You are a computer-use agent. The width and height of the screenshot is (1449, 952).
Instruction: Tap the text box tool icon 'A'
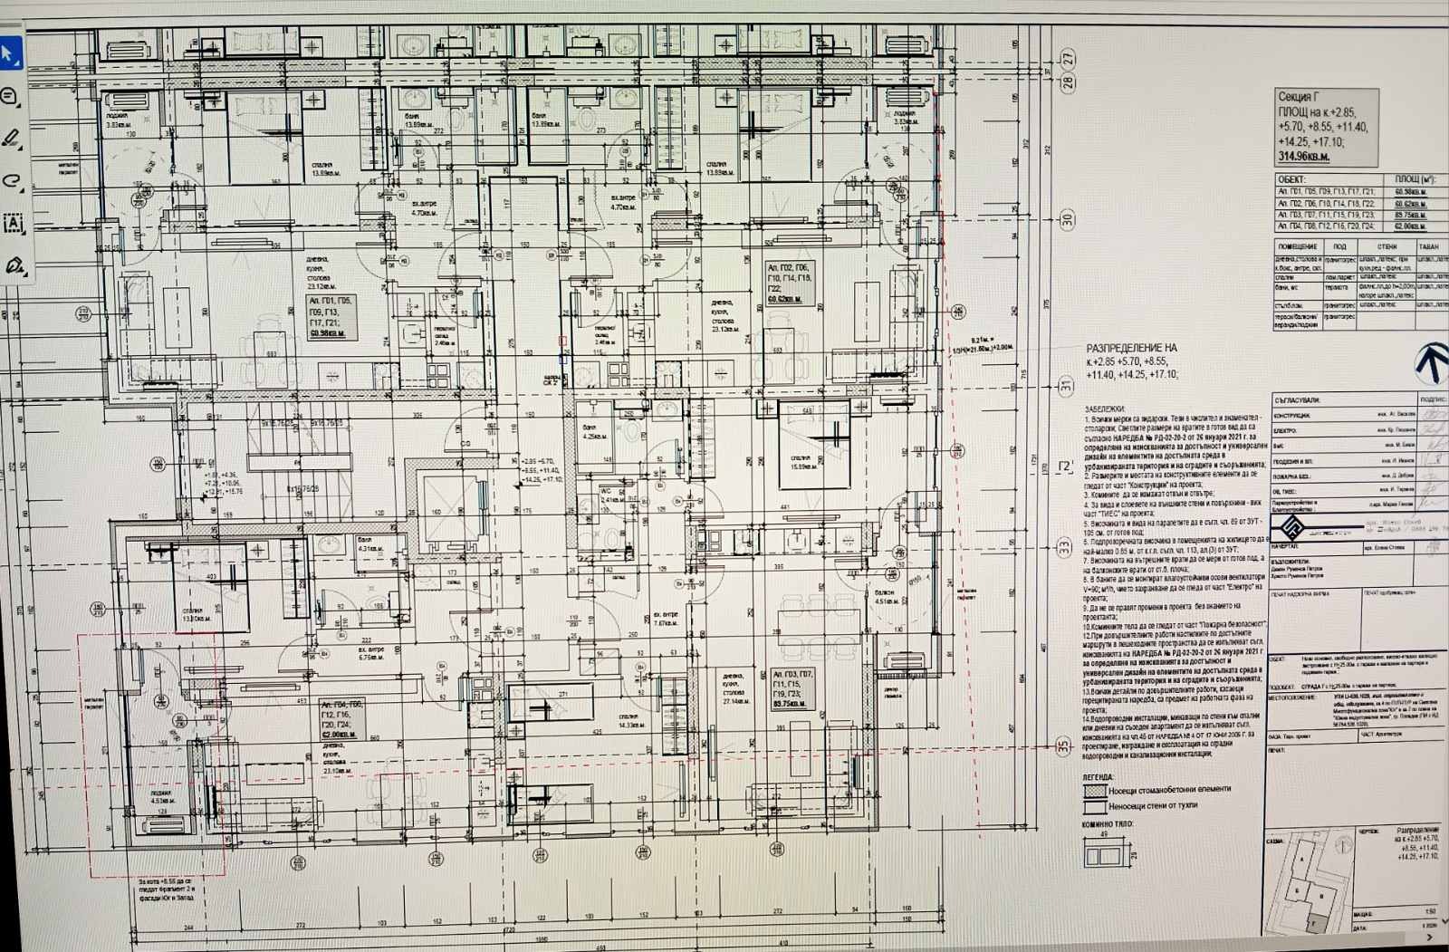[13, 223]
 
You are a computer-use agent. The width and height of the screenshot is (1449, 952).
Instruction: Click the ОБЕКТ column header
[1292, 180]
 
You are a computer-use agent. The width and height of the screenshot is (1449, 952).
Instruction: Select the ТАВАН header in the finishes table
[1428, 246]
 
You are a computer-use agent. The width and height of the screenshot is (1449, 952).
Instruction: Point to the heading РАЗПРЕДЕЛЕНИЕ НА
[1131, 348]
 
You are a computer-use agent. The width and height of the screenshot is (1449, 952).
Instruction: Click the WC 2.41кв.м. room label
[609, 496]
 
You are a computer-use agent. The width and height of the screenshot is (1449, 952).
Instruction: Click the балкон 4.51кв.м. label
[885, 596]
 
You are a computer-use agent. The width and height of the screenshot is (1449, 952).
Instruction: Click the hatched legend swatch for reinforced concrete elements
[1094, 790]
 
